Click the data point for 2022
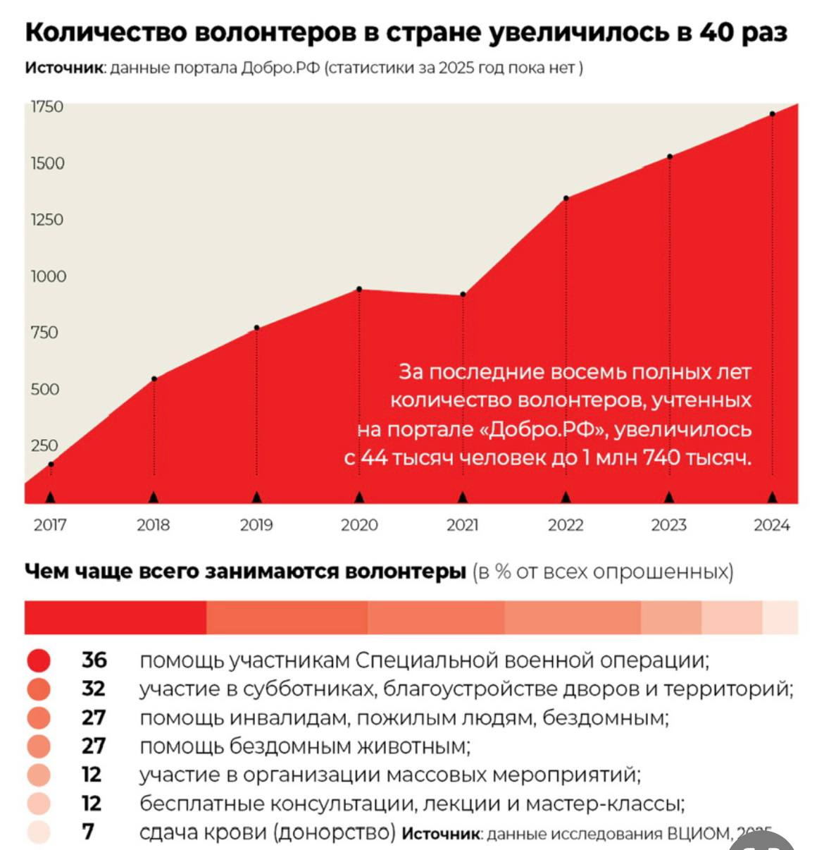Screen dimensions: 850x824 coord(566,198)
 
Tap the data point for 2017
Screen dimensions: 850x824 coord(51,464)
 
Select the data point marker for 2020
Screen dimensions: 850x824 coord(359,289)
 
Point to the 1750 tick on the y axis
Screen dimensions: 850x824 coord(47,106)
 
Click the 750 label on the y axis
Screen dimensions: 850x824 coord(44,332)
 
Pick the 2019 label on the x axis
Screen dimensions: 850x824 coord(256,524)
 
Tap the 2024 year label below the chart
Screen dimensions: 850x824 coord(772,524)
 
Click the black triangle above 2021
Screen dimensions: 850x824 coord(463,497)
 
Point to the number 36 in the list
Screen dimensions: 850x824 coord(94,660)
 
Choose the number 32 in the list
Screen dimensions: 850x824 coord(94,689)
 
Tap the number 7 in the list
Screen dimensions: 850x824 coord(88,832)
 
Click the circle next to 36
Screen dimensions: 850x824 coord(39,660)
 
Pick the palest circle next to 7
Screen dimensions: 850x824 coord(39,832)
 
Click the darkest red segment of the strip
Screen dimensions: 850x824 coord(116,617)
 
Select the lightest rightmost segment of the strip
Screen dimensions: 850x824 coord(780,617)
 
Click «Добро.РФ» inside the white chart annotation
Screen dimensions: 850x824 coord(538,429)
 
